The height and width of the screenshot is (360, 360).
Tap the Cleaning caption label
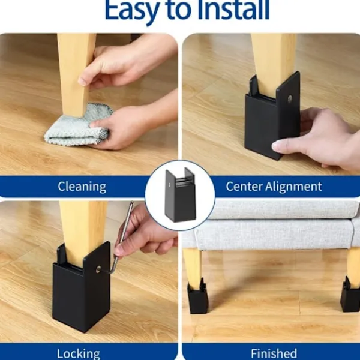tap(82, 187)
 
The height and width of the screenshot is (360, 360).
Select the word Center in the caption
tap(244, 186)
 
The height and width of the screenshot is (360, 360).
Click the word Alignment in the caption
tap(293, 187)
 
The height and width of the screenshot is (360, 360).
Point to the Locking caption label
tap(79, 354)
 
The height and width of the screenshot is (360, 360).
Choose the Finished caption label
tap(274, 353)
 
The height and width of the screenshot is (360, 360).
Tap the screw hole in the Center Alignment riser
tap(290, 98)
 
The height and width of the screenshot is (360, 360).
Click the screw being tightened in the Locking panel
tap(98, 269)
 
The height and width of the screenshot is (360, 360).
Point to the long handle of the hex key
tap(124, 230)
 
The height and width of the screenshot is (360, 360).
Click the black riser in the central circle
tap(181, 195)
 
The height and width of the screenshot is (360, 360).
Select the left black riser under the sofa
tap(197, 296)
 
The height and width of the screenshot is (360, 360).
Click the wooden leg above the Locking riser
tap(83, 232)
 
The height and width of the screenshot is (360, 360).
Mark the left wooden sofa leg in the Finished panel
tap(193, 267)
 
